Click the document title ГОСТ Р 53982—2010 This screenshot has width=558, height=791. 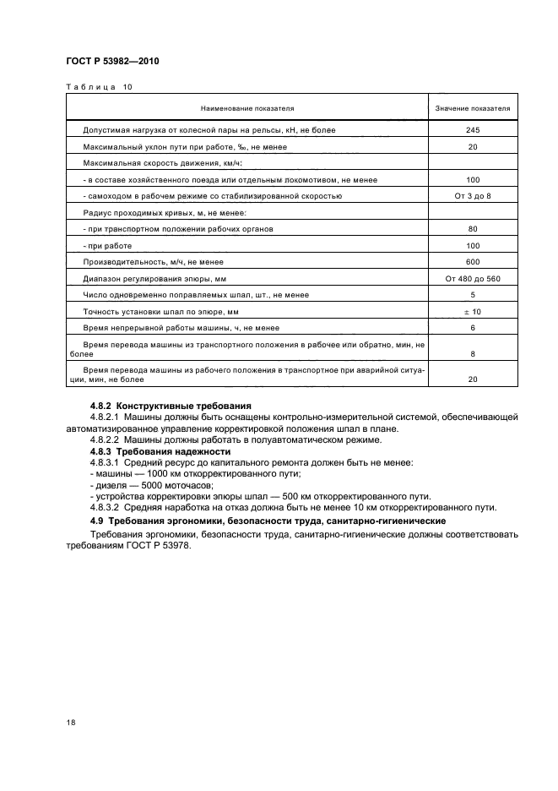112,62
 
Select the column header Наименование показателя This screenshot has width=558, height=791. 247,109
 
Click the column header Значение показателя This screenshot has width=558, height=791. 472,109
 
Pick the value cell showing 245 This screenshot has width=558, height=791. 472,131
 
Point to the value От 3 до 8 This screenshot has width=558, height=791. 472,196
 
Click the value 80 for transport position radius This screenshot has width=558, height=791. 472,229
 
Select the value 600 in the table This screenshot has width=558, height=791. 472,261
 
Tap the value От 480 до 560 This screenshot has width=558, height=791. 472,278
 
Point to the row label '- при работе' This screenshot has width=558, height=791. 107,245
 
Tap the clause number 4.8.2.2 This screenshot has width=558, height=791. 106,440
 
